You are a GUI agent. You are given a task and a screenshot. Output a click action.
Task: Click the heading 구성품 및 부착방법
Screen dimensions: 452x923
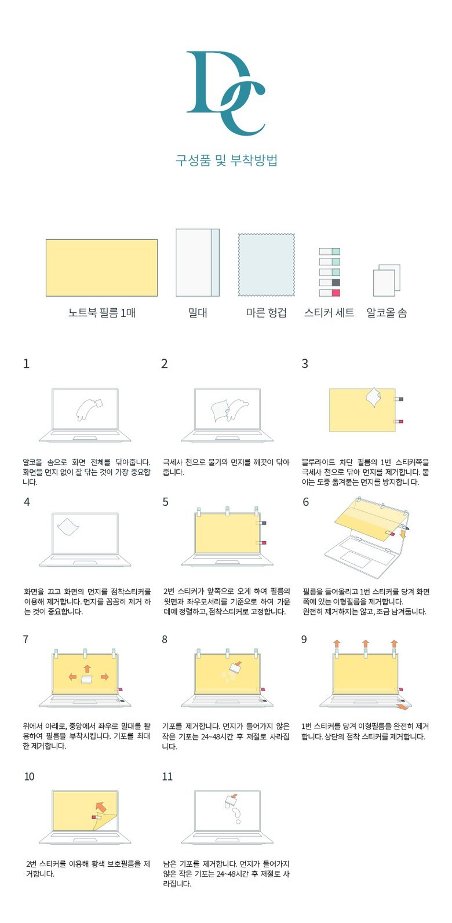[x=226, y=160]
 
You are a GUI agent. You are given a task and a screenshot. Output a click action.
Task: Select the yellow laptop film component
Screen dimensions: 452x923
[x=101, y=268]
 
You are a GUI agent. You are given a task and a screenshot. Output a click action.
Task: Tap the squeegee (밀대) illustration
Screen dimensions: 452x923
[x=198, y=262]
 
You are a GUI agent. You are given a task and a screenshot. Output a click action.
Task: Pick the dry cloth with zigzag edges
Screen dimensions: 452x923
[x=266, y=265]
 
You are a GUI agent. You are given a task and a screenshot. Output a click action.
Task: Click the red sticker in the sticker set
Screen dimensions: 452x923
[x=336, y=293]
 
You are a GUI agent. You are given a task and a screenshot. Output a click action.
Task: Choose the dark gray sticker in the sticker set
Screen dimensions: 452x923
[x=336, y=282]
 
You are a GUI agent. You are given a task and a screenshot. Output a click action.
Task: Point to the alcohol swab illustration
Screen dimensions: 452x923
[x=387, y=280]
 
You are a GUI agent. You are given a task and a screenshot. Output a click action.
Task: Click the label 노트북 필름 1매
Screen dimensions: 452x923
[x=102, y=313]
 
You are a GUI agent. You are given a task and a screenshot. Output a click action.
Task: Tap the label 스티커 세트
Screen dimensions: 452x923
[x=329, y=313]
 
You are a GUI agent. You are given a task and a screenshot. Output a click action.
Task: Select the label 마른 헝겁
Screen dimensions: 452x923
[x=266, y=313]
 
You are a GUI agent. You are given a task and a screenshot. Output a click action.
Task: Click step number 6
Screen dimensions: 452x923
[x=306, y=502]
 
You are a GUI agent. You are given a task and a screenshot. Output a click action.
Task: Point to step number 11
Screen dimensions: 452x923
[x=167, y=776]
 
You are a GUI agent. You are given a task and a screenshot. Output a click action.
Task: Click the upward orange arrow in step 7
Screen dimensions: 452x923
[x=87, y=669]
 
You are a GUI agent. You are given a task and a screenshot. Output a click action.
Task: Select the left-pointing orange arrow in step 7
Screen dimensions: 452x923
[x=72, y=677]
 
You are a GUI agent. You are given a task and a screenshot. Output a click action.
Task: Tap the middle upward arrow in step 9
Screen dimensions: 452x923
[x=366, y=644]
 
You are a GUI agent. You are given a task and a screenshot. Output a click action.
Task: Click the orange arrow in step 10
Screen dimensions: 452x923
[x=100, y=807]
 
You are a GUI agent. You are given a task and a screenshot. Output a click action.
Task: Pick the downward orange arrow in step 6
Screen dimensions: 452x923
[x=403, y=534]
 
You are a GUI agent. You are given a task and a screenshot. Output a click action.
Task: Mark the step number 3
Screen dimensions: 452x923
[x=305, y=363]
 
